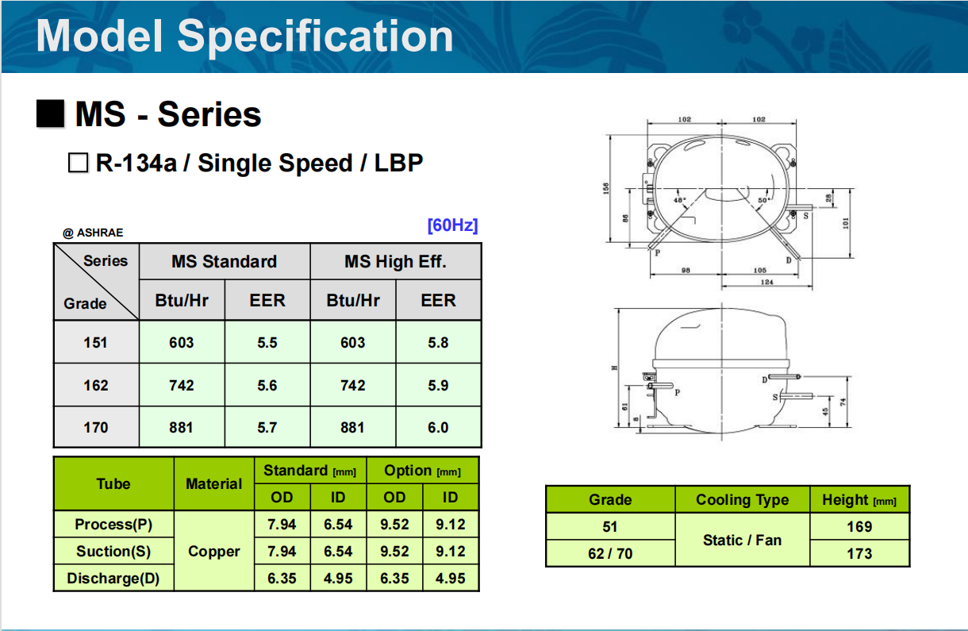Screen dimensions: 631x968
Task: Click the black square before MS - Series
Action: point(50,114)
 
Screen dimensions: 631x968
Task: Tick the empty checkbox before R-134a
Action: point(78,164)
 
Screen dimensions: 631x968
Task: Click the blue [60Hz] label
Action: point(452,225)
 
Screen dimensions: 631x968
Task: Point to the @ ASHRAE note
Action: point(94,233)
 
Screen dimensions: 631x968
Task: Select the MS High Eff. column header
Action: point(395,261)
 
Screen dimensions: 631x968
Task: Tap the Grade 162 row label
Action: point(96,385)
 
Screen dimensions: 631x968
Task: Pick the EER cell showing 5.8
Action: point(438,342)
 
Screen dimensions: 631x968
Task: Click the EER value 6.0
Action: point(438,427)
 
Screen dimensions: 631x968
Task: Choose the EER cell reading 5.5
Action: point(267,342)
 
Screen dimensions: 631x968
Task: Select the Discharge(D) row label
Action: point(113,578)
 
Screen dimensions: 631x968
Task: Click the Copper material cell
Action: point(214,551)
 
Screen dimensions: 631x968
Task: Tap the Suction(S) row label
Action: point(113,551)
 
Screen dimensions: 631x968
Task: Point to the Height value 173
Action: point(859,553)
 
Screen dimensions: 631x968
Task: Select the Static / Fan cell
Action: point(742,540)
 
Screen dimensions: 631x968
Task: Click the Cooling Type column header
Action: point(742,499)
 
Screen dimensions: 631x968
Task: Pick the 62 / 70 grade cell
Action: point(610,553)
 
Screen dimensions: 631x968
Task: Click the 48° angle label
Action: point(679,200)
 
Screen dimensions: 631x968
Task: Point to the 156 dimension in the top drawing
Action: point(607,187)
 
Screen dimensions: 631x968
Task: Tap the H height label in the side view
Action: point(614,367)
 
